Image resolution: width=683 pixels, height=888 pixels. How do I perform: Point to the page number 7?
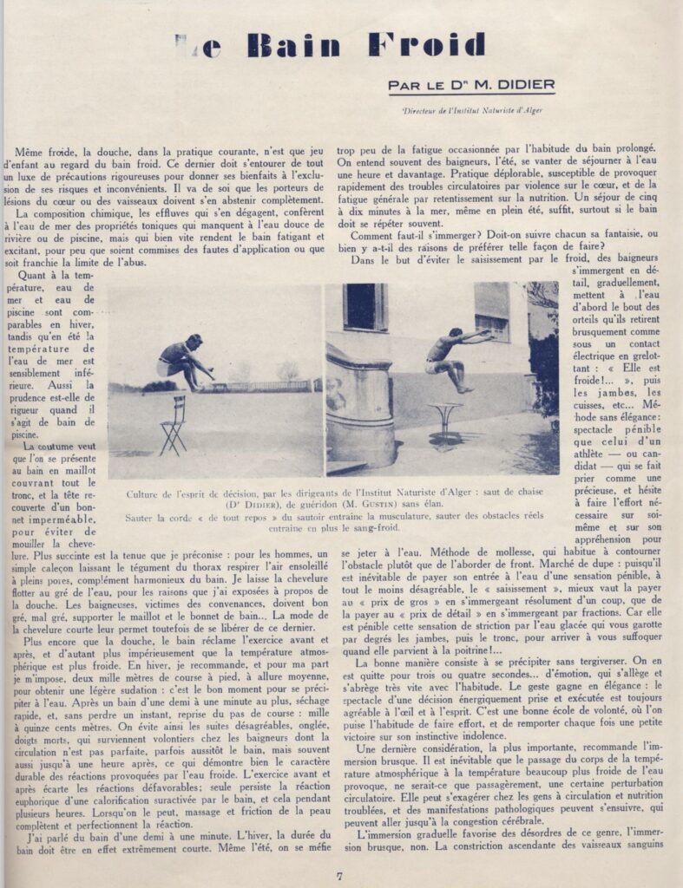pyautogui.click(x=340, y=875)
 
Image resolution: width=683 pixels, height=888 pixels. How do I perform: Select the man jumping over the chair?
pyautogui.click(x=183, y=359)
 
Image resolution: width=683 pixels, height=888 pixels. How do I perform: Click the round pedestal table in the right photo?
pyautogui.click(x=443, y=422)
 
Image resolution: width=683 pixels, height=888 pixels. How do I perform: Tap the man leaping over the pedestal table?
pyautogui.click(x=451, y=356)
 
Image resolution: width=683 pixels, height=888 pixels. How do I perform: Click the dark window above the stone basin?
pyautogui.click(x=364, y=306)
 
